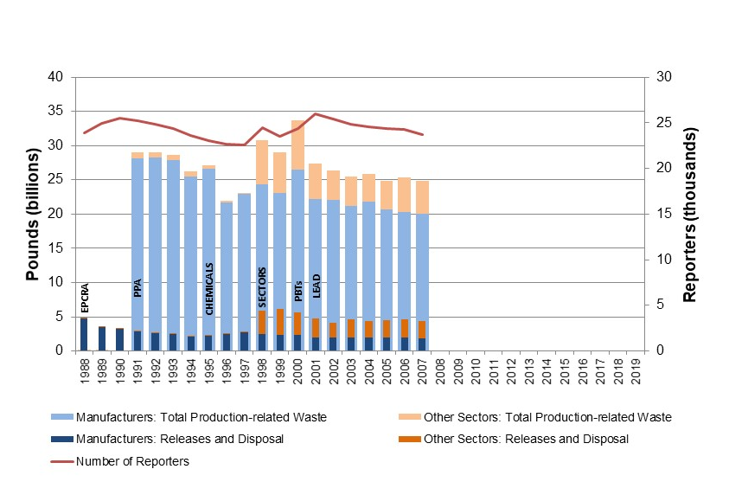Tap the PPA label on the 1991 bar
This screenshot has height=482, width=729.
[x=137, y=287]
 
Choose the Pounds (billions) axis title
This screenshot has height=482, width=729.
[x=31, y=215]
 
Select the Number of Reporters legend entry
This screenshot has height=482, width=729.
[x=132, y=461]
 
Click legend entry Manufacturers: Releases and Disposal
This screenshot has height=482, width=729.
[x=180, y=439]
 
